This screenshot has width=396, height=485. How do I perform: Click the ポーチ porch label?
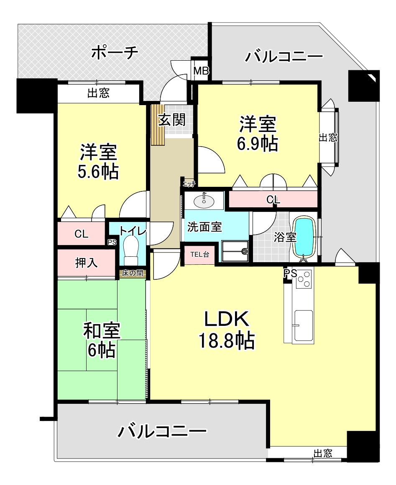(115, 53)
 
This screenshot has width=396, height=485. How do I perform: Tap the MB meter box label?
(201, 72)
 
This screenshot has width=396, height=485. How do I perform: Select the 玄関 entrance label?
(172, 120)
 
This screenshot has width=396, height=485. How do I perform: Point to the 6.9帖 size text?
(257, 144)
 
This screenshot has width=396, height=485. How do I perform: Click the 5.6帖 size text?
(98, 172)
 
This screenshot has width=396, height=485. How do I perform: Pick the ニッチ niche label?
(189, 184)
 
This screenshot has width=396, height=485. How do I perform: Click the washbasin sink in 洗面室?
(204, 201)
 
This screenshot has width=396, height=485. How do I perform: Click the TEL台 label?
(199, 255)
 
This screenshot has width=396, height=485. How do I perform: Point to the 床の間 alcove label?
(133, 273)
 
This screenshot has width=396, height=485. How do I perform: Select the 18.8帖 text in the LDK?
(226, 341)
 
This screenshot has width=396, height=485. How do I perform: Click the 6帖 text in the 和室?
(102, 350)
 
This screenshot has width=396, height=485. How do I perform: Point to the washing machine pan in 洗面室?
(235, 251)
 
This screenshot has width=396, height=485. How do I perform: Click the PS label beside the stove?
(290, 273)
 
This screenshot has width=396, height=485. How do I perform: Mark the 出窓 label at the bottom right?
(323, 454)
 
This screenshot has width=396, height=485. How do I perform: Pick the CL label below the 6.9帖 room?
(273, 199)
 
